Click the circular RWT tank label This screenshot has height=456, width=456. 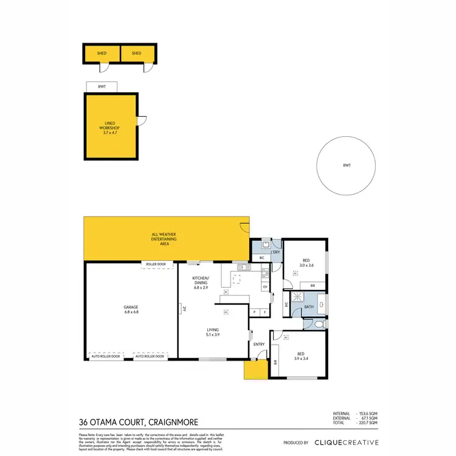(347, 166)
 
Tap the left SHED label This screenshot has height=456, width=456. (102, 54)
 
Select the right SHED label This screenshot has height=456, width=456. (136, 54)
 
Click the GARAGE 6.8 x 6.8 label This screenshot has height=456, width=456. (131, 309)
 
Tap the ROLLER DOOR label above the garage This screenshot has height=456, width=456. (157, 264)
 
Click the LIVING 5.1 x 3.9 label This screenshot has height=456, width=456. (212, 332)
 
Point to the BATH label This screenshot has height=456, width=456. (308, 307)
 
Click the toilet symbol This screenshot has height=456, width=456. (320, 325)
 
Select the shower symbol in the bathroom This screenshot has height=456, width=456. (298, 297)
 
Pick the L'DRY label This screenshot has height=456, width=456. (275, 251)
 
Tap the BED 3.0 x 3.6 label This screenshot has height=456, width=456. (306, 263)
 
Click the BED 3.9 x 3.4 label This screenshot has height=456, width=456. (300, 355)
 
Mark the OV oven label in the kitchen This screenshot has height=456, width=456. (264, 288)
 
